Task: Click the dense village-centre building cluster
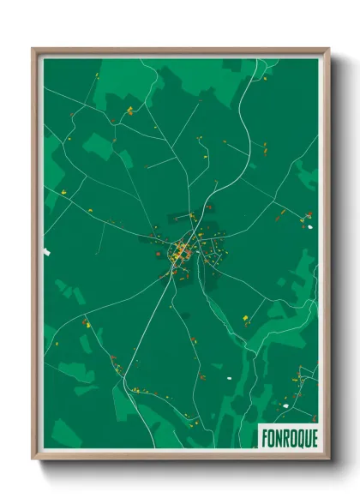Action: click(x=181, y=251)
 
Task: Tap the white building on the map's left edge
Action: click(x=47, y=251)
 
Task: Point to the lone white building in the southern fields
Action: click(x=228, y=376)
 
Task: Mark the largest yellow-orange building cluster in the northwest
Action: click(x=129, y=111)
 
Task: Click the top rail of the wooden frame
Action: click(x=181, y=51)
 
